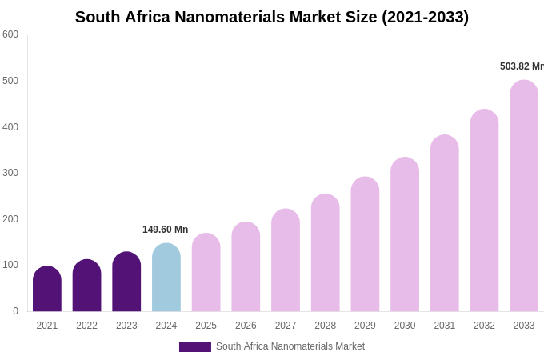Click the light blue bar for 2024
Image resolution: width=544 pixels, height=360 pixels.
click(x=166, y=278)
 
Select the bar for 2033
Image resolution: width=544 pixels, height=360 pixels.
click(x=524, y=196)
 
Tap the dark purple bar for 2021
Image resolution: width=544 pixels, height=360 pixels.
click(x=47, y=290)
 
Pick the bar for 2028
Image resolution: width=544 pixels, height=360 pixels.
click(x=326, y=253)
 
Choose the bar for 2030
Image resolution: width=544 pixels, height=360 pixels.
click(x=405, y=234)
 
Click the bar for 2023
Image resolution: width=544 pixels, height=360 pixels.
click(x=126, y=282)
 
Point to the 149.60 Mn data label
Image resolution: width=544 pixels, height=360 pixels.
click(x=165, y=230)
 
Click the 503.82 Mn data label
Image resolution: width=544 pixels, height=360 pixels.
click(x=522, y=66)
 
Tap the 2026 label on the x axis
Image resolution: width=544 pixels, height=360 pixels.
click(x=246, y=326)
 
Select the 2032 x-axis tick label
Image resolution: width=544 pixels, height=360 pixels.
click(x=484, y=326)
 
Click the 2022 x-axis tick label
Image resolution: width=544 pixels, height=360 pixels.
click(x=86, y=326)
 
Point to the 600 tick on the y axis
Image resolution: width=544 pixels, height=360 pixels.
click(x=10, y=34)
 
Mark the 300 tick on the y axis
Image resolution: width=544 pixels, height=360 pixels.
click(x=10, y=173)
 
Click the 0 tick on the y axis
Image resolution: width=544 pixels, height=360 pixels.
click(x=15, y=311)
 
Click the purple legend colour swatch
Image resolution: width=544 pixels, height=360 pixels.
click(x=194, y=347)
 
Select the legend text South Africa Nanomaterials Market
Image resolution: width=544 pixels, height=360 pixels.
click(x=290, y=346)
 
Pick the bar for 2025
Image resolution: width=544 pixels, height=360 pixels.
click(x=206, y=273)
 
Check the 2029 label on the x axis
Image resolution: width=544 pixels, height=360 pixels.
click(x=365, y=326)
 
